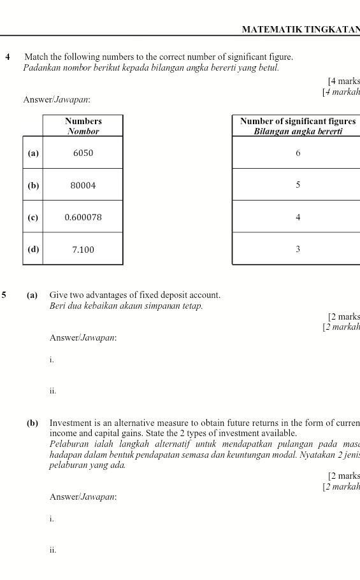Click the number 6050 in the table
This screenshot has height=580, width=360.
(83, 153)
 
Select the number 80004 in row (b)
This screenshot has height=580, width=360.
(83, 186)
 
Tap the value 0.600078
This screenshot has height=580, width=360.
(83, 218)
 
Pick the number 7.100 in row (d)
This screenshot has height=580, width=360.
(83, 250)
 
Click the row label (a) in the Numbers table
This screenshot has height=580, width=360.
(33, 153)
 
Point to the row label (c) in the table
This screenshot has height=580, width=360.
(33, 218)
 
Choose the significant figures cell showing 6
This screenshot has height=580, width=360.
(298, 153)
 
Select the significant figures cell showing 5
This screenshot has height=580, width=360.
(298, 185)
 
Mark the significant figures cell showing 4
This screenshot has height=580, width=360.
(298, 218)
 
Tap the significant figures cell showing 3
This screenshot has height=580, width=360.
(298, 250)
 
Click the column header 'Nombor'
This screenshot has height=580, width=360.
(83, 132)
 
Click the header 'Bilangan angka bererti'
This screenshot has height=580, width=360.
(298, 132)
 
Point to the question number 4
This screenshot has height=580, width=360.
(8, 57)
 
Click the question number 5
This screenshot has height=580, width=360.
(4, 295)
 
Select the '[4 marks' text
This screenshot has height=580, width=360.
(343, 81)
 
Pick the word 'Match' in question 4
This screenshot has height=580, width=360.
(36, 57)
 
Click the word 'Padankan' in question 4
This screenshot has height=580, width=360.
(41, 67)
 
